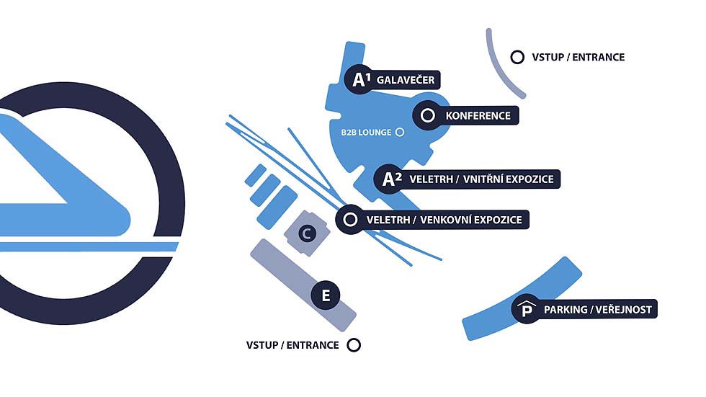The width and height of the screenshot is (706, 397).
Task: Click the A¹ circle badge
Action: click(359, 80)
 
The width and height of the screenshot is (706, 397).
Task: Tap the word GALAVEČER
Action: click(406, 80)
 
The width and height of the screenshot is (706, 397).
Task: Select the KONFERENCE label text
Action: click(478, 115)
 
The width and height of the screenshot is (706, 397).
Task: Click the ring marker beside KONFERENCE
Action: click(427, 115)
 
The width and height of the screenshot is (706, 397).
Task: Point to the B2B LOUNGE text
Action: click(366, 133)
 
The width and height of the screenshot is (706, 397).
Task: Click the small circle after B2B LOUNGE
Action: click(400, 132)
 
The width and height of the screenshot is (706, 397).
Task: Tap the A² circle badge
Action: click(390, 179)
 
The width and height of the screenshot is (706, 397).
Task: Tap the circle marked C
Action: click(307, 233)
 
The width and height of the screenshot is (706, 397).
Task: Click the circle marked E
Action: click(326, 295)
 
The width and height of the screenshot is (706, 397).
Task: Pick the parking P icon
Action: click(527, 310)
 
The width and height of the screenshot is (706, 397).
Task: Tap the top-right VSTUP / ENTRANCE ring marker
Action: click(517, 57)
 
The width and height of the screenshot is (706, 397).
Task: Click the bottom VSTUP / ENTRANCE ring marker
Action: click(353, 345)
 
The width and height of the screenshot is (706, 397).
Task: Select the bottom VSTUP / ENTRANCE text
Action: click(292, 345)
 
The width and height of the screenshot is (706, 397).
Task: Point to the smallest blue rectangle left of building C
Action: click(256, 175)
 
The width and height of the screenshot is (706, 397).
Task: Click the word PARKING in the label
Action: click(566, 310)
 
